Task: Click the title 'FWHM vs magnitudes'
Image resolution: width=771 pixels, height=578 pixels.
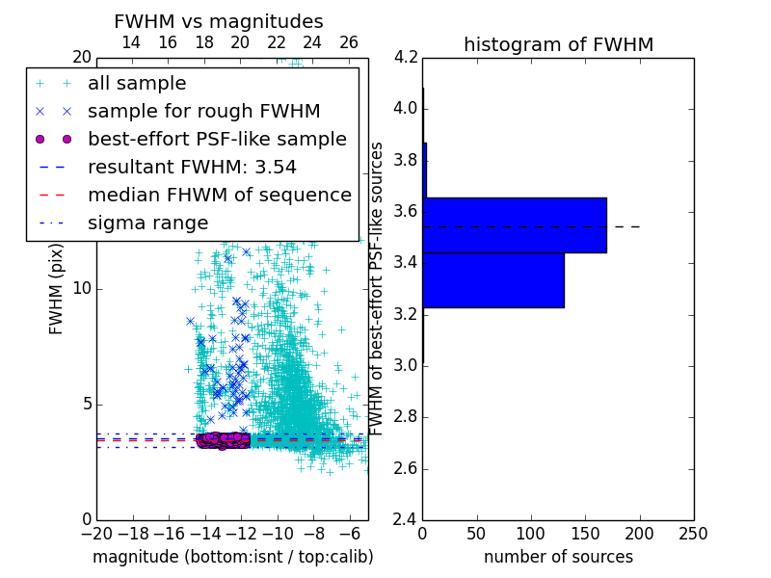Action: click(219, 22)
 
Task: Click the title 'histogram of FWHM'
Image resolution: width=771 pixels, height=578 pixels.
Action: click(558, 44)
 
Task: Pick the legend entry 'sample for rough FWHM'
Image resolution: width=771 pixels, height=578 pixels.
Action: click(203, 111)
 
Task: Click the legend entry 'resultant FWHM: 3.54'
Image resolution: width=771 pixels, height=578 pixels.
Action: click(192, 167)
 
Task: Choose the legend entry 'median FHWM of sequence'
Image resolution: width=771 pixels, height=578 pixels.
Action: click(219, 195)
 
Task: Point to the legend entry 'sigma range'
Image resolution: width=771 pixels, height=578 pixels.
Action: click(147, 223)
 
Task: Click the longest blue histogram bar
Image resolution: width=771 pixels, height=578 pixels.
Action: click(515, 224)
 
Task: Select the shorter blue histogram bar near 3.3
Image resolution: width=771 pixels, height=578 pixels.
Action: click(493, 280)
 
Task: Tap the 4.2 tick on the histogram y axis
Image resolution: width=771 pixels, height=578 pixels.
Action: click(406, 57)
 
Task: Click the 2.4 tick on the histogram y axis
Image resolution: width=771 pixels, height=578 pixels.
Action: click(406, 520)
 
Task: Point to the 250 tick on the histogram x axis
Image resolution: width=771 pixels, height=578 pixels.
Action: click(693, 533)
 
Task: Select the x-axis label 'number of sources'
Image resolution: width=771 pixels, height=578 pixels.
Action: click(558, 557)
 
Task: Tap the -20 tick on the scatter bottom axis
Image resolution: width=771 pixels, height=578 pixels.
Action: click(96, 533)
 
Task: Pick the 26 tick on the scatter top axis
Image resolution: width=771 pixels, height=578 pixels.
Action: click(349, 42)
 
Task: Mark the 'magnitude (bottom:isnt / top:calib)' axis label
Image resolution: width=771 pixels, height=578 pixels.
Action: click(232, 557)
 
